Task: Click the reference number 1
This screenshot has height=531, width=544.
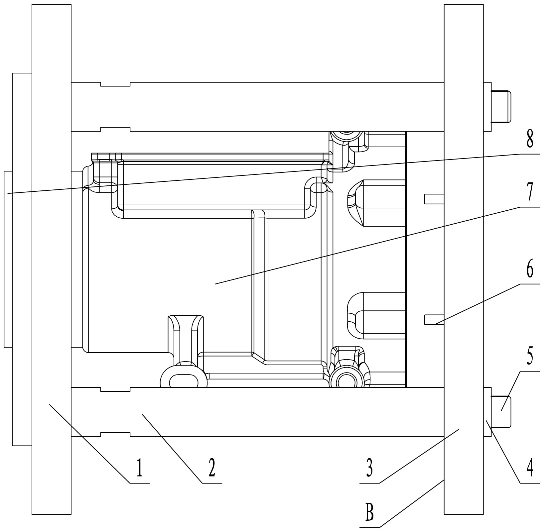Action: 140,469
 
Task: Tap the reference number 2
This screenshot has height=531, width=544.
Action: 212,469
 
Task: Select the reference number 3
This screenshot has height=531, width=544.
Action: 369,469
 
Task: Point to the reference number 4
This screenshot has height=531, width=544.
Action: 530,469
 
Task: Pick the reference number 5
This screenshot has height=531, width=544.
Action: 530,356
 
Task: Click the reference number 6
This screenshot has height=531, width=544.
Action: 530,269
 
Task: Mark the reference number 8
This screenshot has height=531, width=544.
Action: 530,139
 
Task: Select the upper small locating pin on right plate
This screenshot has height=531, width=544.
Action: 434,199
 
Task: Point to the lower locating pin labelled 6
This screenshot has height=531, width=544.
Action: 434,319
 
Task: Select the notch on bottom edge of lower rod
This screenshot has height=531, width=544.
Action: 115,435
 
